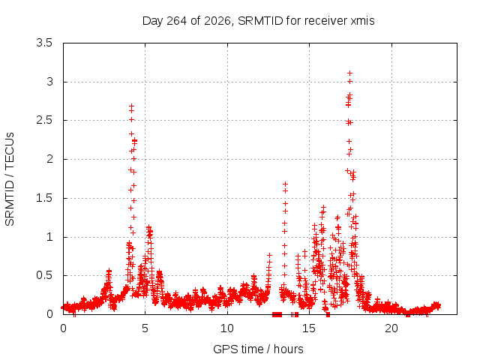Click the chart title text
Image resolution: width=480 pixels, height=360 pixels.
[258, 21]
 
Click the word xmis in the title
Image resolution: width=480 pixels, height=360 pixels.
[362, 21]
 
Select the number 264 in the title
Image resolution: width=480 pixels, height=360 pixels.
[177, 21]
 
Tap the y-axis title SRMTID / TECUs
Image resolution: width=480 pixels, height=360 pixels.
[10, 179]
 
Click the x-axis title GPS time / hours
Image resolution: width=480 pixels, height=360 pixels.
[258, 349]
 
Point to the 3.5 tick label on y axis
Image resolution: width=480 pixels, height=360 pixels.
[44, 43]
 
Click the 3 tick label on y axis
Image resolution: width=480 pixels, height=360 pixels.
[49, 82]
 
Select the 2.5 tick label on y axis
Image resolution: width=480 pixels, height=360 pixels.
[44, 120]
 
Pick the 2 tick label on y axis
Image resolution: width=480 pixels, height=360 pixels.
[49, 159]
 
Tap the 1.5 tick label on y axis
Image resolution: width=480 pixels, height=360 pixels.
[44, 198]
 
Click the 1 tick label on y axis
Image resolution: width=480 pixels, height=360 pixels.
[49, 237]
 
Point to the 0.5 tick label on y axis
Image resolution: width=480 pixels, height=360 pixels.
[44, 275]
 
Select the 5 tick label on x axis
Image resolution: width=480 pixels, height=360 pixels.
[145, 328]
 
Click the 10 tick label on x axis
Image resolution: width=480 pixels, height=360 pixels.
[227, 328]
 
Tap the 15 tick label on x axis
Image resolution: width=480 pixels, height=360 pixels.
[309, 328]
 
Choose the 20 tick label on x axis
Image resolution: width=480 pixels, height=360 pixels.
[391, 328]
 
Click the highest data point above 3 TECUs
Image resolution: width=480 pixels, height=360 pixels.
[349, 73]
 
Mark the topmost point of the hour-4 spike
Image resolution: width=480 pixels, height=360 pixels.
[132, 106]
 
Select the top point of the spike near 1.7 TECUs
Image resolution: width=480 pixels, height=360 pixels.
[285, 184]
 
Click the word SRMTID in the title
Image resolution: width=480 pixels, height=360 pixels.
[260, 21]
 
